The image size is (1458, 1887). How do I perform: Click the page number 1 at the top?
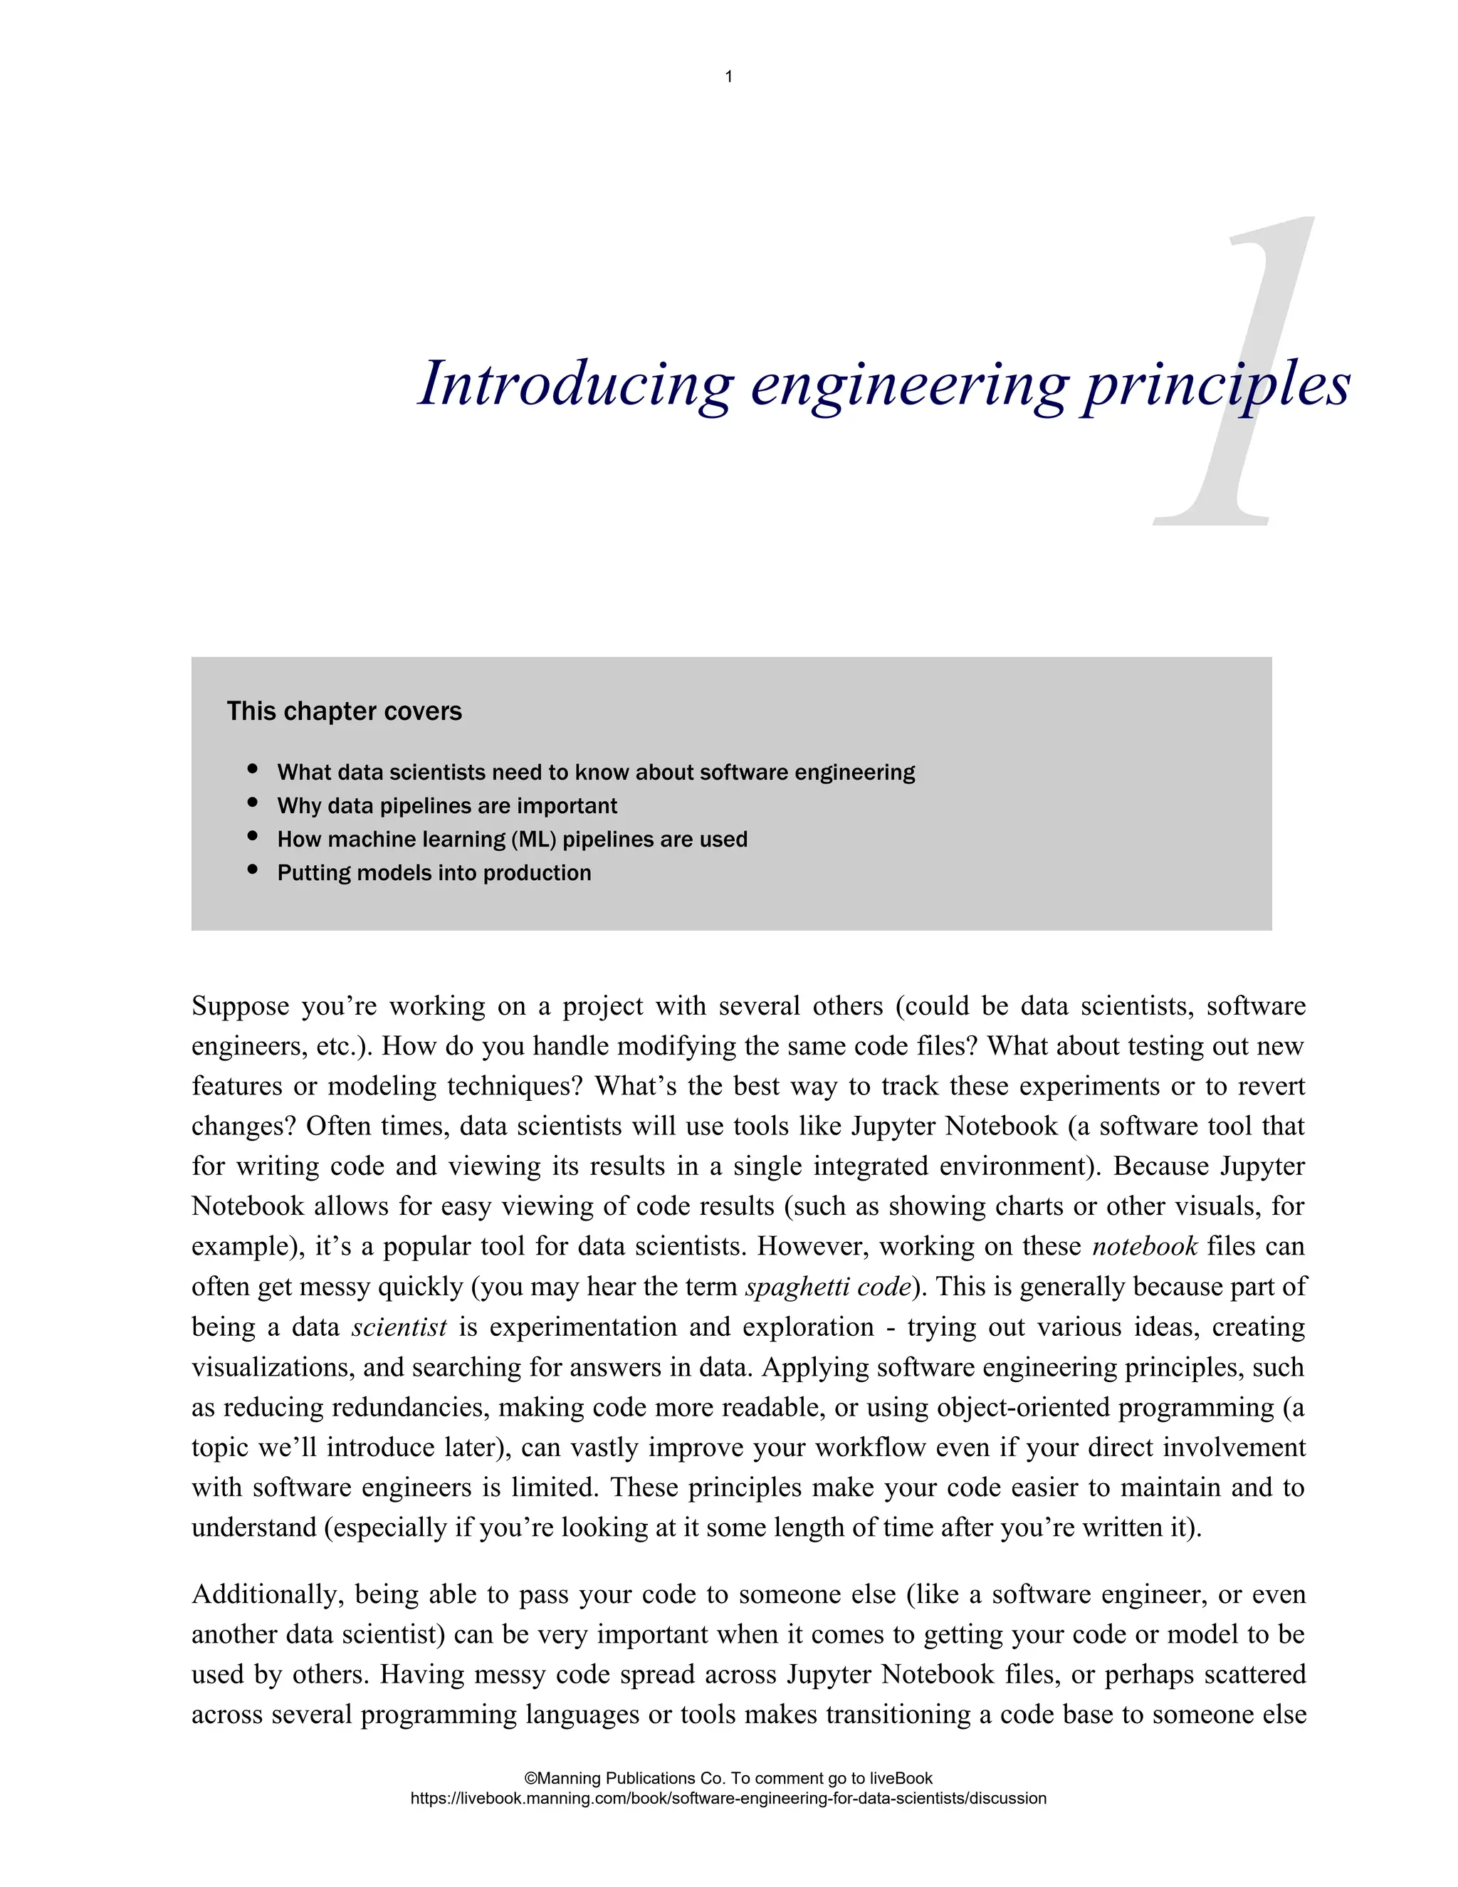pos(728,77)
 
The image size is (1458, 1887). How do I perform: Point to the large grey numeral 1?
pos(1235,372)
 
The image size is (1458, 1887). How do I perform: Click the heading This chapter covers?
pos(344,711)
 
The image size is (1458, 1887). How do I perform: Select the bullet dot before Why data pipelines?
pos(252,803)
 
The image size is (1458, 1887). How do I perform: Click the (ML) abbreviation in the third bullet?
pos(533,839)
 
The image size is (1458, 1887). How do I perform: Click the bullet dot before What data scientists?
pos(252,769)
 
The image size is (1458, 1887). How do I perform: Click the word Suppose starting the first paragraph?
pos(240,1007)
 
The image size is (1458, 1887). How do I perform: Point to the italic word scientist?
pos(399,1327)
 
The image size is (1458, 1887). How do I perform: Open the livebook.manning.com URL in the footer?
pos(728,1798)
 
